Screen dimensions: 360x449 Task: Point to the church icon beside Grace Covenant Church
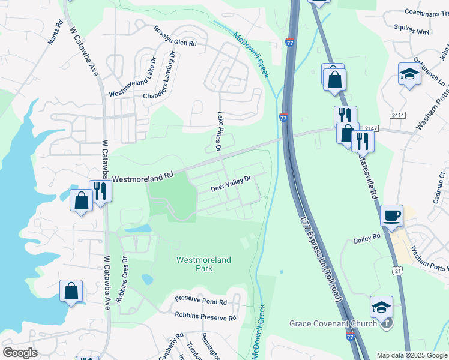(x=388, y=323)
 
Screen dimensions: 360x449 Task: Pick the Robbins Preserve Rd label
(x=206, y=315)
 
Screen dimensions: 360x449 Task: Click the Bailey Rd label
(x=367, y=237)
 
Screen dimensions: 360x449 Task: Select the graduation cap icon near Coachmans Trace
(x=409, y=74)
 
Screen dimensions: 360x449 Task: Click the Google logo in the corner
(x=20, y=352)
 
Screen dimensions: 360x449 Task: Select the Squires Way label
(x=411, y=31)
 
